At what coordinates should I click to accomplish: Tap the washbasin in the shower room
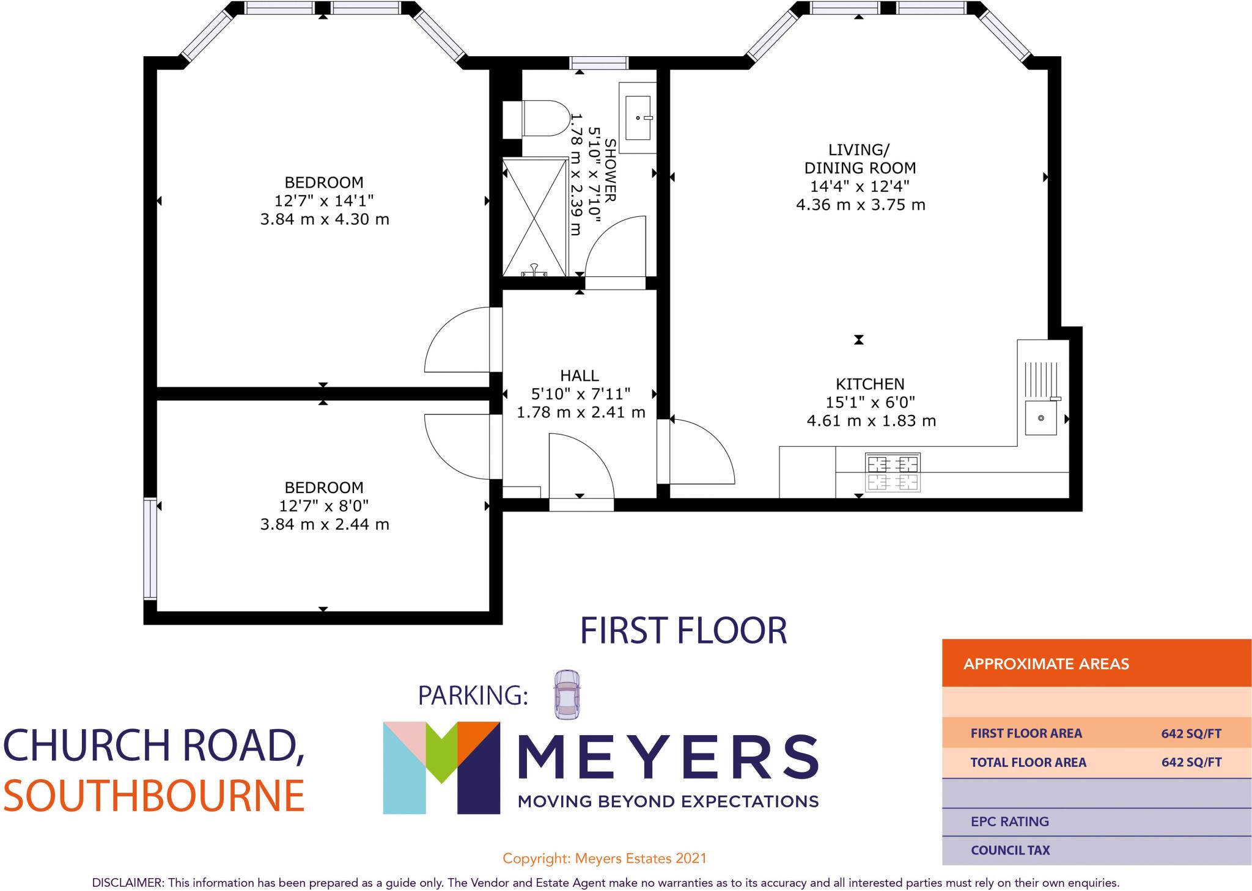[638, 117]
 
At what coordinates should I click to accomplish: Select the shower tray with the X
[535, 217]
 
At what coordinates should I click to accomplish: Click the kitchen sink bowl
[1040, 418]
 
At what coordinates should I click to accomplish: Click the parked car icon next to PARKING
[567, 694]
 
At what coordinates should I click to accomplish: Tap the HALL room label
[580, 375]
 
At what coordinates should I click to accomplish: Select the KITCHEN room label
[870, 384]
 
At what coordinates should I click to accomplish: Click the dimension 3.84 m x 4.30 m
[325, 219]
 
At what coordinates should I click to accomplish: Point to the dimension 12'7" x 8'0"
[325, 506]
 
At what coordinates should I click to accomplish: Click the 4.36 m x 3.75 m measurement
[860, 205]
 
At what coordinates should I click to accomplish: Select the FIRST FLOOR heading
[683, 631]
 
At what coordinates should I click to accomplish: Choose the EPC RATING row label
[1009, 821]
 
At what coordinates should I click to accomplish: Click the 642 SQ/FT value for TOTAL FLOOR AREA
[1191, 762]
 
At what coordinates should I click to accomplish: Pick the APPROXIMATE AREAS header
[1046, 664]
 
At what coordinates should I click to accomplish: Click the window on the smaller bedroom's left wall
[150, 548]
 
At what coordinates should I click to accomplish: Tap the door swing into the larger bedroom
[457, 340]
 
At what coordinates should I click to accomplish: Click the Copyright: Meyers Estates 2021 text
[604, 859]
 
